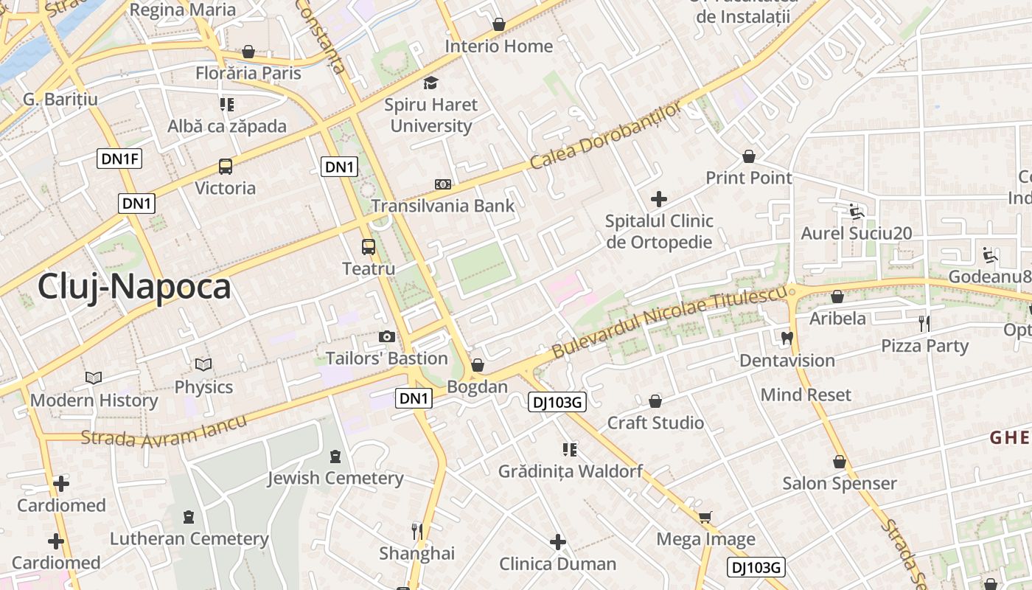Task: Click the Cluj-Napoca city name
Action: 134,286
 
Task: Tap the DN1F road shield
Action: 119,158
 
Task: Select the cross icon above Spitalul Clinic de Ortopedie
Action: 658,198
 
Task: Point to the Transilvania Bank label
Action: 442,205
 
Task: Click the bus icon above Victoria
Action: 226,167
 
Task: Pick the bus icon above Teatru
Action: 369,247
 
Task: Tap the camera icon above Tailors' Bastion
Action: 387,337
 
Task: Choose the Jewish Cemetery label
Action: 335,478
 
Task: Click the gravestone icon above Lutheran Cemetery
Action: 189,517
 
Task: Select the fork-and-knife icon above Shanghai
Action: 416,531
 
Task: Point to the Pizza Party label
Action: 925,345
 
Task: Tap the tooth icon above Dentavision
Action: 787,339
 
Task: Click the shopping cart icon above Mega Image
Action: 705,517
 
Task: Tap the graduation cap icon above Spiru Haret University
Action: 430,83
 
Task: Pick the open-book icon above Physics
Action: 203,364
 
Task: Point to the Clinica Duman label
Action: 558,564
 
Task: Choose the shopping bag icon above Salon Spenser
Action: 839,462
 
